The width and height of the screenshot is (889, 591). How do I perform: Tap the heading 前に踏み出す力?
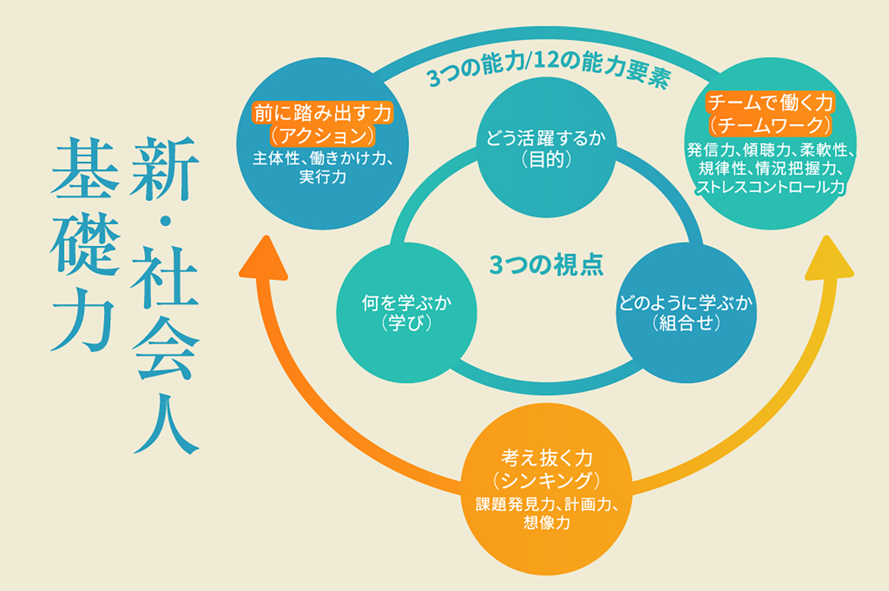pyautogui.click(x=322, y=113)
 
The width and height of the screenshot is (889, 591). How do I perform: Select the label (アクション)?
pyautogui.click(x=322, y=136)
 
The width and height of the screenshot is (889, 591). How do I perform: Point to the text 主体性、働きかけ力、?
pyautogui.click(x=322, y=158)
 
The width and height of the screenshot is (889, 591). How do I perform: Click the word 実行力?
pyautogui.click(x=322, y=177)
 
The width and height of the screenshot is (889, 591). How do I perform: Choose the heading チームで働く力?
pyautogui.click(x=770, y=103)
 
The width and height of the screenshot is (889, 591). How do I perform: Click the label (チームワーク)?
pyautogui.click(x=770, y=125)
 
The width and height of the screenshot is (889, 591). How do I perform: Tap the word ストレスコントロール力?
pyautogui.click(x=770, y=187)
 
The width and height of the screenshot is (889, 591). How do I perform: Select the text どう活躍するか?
pyautogui.click(x=546, y=138)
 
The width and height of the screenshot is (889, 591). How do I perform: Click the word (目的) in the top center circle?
pyautogui.click(x=546, y=160)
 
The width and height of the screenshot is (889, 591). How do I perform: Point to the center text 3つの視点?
pyautogui.click(x=546, y=265)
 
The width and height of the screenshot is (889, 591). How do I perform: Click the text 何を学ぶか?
pyautogui.click(x=406, y=303)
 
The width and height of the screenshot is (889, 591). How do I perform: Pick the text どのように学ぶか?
pyautogui.click(x=686, y=303)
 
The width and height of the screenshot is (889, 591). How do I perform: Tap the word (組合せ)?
pyautogui.click(x=686, y=324)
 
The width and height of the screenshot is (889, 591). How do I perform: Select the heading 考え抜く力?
pyautogui.click(x=546, y=458)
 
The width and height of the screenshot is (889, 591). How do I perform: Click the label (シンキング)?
pyautogui.click(x=546, y=481)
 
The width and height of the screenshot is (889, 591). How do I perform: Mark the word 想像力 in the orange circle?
pyautogui.click(x=546, y=523)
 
